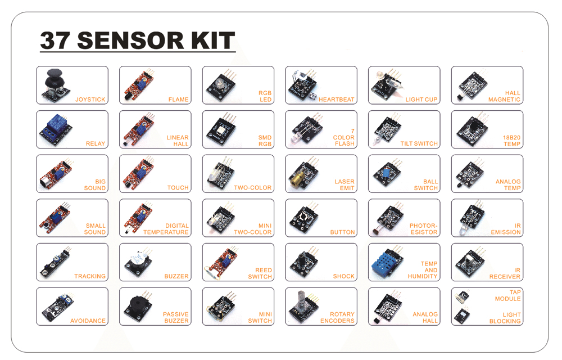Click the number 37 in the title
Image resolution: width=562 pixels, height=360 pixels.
point(55,40)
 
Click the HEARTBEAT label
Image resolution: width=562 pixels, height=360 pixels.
point(336,100)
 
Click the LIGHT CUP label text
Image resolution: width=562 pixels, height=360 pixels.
point(421,100)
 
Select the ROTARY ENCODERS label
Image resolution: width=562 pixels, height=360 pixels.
point(337,317)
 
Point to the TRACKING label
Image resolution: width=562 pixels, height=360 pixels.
point(90,276)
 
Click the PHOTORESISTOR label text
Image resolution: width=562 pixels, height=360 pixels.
point(423,229)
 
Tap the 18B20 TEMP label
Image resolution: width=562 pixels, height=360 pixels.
point(511,141)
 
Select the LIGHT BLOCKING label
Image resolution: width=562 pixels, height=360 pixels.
point(505,318)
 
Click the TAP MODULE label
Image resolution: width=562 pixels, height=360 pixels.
point(508,295)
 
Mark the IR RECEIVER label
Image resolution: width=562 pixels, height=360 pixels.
point(505,273)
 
